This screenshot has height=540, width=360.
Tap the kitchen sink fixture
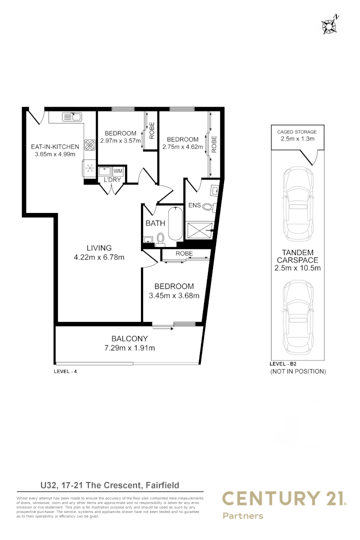coord(72,117)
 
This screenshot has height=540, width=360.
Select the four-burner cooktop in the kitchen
coord(90,145)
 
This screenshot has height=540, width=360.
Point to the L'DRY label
coord(111,180)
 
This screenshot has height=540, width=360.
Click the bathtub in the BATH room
coord(175,223)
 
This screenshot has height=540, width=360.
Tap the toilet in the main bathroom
coord(160,239)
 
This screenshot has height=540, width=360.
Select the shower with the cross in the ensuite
coord(200,230)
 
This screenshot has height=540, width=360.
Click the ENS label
coord(194,205)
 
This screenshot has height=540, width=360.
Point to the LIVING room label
coord(98,248)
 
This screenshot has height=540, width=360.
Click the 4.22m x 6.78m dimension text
coord(98,257)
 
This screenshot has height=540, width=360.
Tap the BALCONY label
coord(129,338)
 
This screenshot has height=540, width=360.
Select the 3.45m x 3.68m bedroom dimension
coord(174,295)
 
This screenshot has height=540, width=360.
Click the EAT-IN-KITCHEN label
coord(55,146)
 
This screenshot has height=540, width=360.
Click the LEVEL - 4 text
coord(65,371)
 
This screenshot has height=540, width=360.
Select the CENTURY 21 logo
coord(283,498)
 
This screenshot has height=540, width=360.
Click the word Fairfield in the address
coord(162,485)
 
